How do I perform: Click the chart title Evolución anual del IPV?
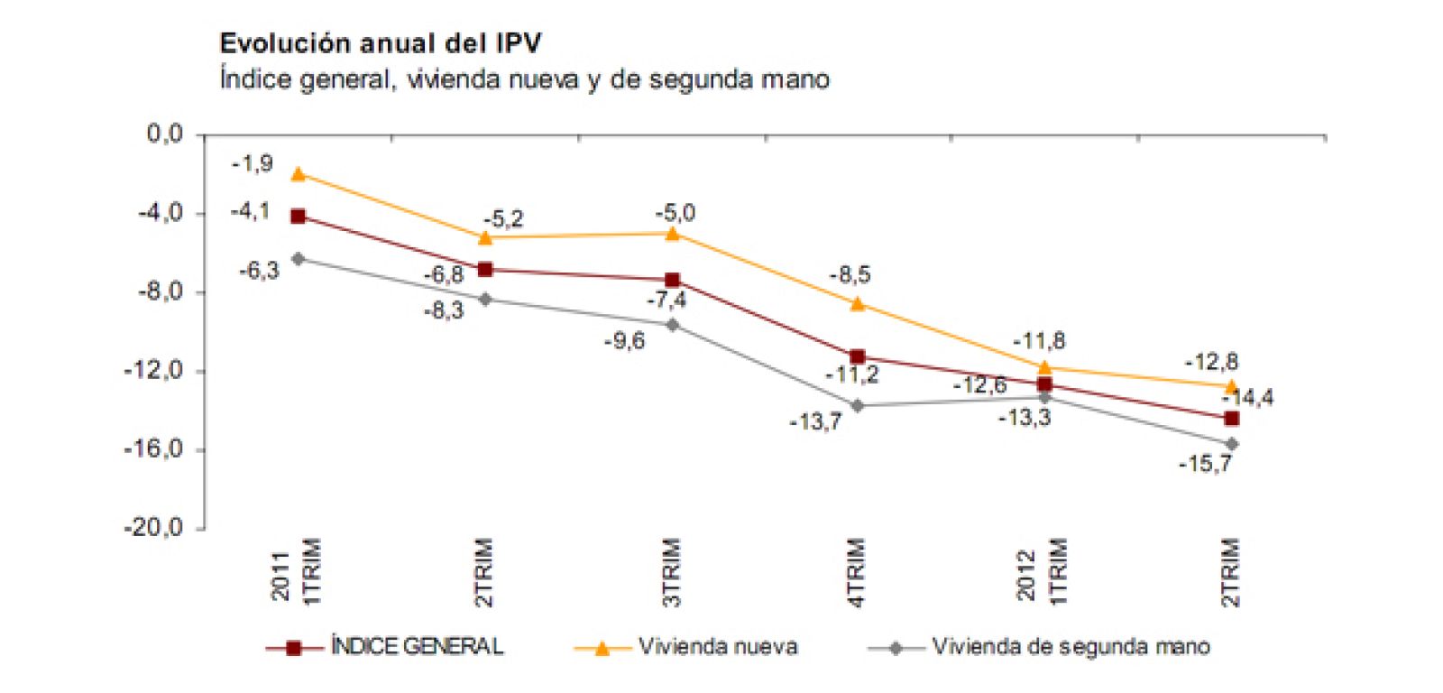pyautogui.click(x=381, y=44)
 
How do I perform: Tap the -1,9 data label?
pyautogui.click(x=252, y=164)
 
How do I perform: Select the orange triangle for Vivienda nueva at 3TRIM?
pyautogui.click(x=672, y=233)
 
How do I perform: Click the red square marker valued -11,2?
pyautogui.click(x=858, y=357)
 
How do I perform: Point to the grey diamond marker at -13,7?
pyautogui.click(x=858, y=406)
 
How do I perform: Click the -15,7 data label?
pyautogui.click(x=1205, y=466)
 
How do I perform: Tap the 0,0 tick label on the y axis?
pyautogui.click(x=164, y=134)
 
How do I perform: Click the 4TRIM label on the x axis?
pyautogui.click(x=858, y=573)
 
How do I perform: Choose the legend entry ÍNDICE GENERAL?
pyautogui.click(x=416, y=647)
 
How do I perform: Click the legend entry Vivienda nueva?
pyautogui.click(x=717, y=647)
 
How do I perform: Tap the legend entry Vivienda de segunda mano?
pyautogui.click(x=1071, y=647)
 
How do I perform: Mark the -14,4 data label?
pyautogui.click(x=1247, y=398)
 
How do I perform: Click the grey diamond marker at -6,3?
pyautogui.click(x=299, y=259)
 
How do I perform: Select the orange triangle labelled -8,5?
pyautogui.click(x=858, y=304)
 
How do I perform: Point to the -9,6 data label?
pyautogui.click(x=624, y=341)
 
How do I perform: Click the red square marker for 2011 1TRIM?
pyautogui.click(x=299, y=217)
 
